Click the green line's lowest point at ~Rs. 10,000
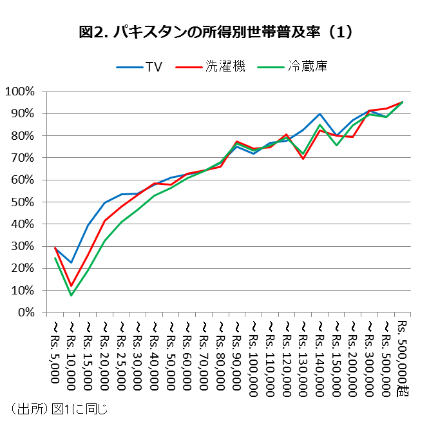[71, 295]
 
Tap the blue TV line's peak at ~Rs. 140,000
[320, 113]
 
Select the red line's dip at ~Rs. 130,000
[303, 159]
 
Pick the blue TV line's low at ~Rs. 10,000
[71, 262]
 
